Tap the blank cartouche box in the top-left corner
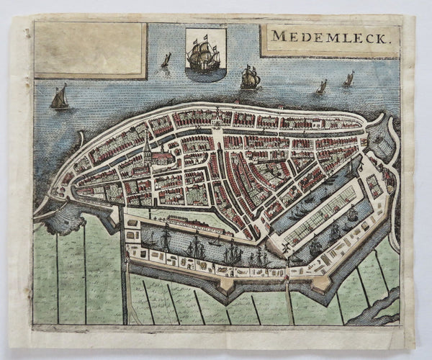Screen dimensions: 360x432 click(x=89, y=49)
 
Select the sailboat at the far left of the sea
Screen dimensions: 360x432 click(x=60, y=98)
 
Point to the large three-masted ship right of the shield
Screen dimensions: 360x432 click(x=250, y=78)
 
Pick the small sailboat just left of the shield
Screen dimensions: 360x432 click(x=166, y=60)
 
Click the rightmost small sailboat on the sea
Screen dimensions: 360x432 click(x=348, y=79)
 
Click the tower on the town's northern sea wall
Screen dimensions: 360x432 click(x=216, y=115)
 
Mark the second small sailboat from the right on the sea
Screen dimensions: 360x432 click(x=321, y=87)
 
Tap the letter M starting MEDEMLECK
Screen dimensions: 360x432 click(x=278, y=38)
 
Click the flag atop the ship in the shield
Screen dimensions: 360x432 click(x=206, y=35)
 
